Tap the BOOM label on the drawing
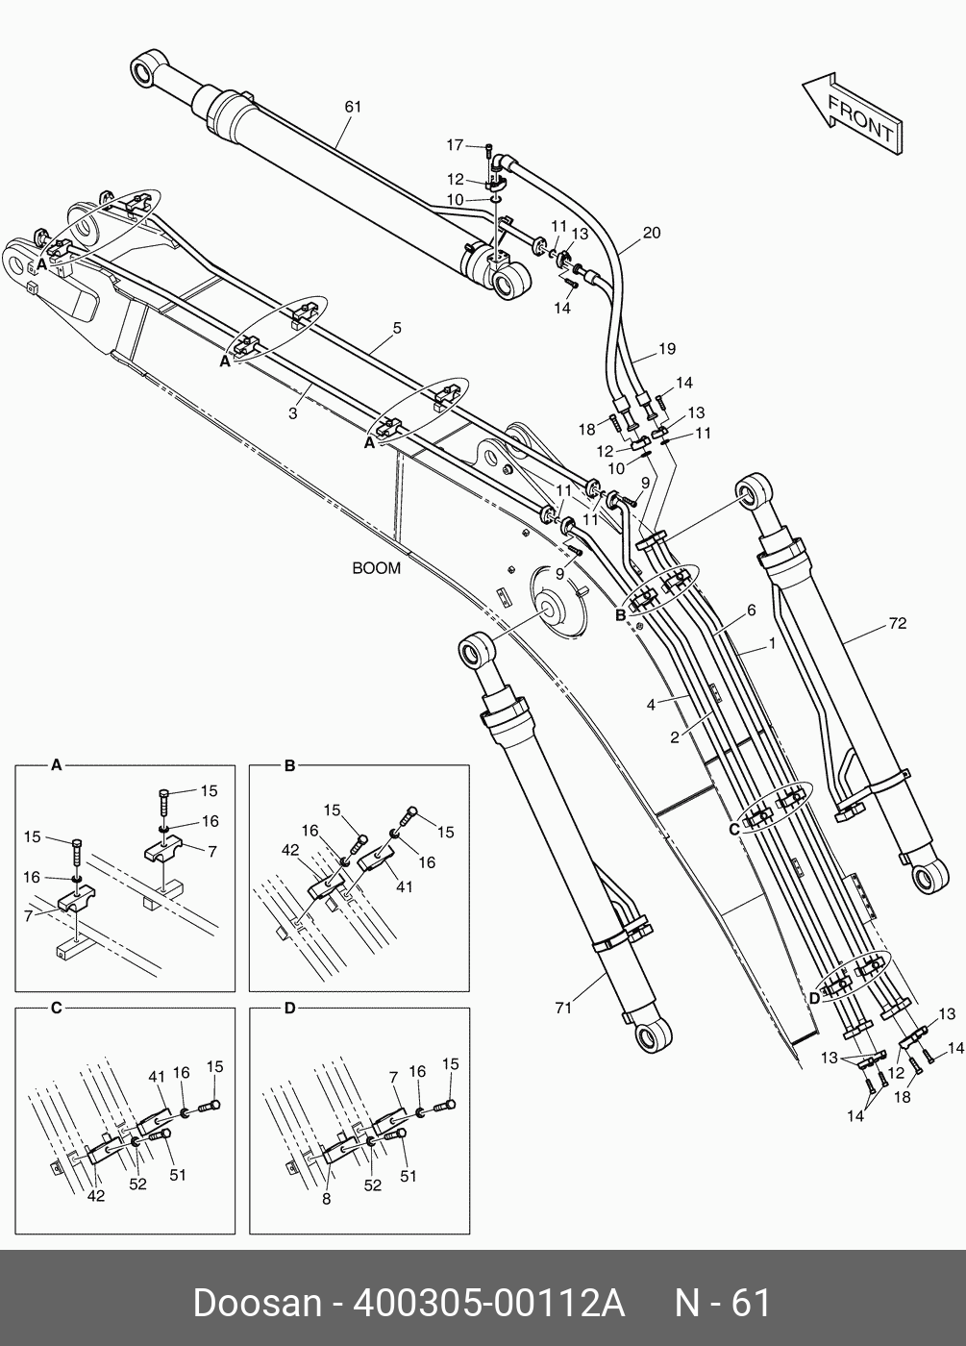[376, 568]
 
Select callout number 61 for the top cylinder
[353, 107]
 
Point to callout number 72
[897, 624]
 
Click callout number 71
[563, 1008]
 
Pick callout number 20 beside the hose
[652, 233]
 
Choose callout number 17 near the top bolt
[455, 145]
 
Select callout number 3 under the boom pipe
[293, 413]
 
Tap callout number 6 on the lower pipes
[751, 611]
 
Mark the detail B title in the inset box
[289, 765]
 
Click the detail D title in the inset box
[289, 1008]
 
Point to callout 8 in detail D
[327, 1199]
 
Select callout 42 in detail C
[96, 1196]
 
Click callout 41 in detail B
[404, 886]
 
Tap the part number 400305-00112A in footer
[490, 1303]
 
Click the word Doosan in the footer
[257, 1303]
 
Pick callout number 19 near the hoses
[667, 348]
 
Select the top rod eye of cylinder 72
[751, 492]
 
